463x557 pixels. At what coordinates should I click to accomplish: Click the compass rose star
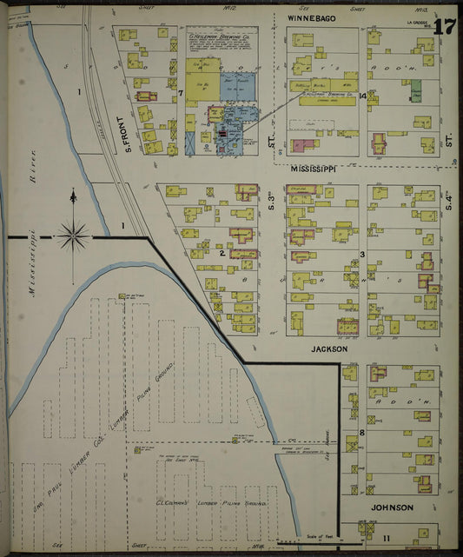click(74, 233)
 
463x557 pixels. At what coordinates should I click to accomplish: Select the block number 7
click(181, 92)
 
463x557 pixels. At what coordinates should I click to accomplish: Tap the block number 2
click(222, 254)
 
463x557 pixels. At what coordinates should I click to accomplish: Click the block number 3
click(362, 255)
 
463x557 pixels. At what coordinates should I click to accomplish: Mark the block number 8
click(361, 432)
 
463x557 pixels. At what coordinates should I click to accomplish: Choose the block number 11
click(362, 539)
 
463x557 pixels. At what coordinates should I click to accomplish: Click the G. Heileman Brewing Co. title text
click(215, 38)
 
